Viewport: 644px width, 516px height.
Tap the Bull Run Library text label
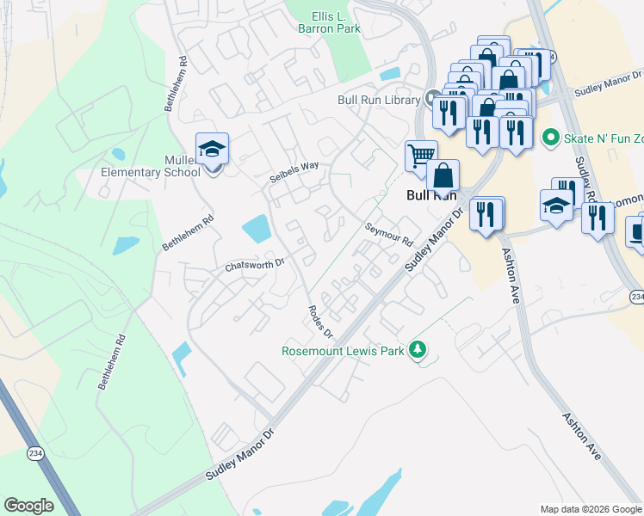tap(379, 101)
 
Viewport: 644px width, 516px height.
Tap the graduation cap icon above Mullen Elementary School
tap(212, 150)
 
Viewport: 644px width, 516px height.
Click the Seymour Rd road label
tap(388, 233)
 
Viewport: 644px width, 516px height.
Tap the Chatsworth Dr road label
tap(254, 264)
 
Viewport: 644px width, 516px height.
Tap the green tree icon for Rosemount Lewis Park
tap(418, 349)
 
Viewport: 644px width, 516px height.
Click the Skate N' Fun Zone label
tap(603, 138)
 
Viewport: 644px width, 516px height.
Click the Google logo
tap(28, 505)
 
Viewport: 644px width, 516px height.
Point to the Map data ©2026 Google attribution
tap(591, 509)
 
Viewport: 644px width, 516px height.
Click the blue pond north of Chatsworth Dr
tap(257, 229)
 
